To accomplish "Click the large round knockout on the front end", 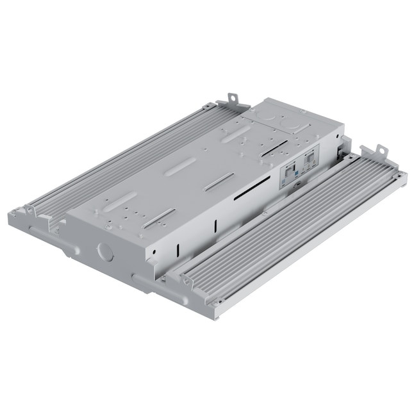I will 103,249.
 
